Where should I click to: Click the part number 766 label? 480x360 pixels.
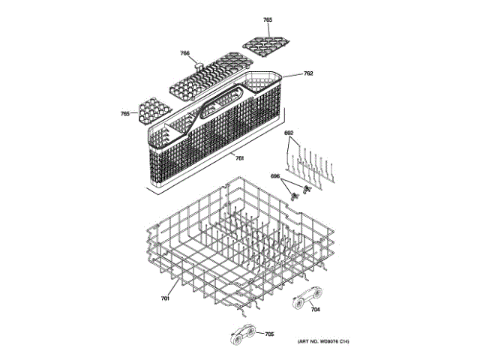[x=184, y=53]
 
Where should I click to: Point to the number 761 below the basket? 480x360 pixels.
[x=239, y=157]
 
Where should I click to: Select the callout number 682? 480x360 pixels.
[x=288, y=133]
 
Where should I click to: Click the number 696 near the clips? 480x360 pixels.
[x=275, y=176]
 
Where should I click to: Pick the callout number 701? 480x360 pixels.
[x=165, y=299]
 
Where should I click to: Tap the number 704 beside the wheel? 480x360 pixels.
[x=316, y=309]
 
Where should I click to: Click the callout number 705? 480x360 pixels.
[x=269, y=334]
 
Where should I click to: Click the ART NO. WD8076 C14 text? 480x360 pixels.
[x=323, y=343]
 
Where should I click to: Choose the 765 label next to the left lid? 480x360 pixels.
[x=125, y=114]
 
